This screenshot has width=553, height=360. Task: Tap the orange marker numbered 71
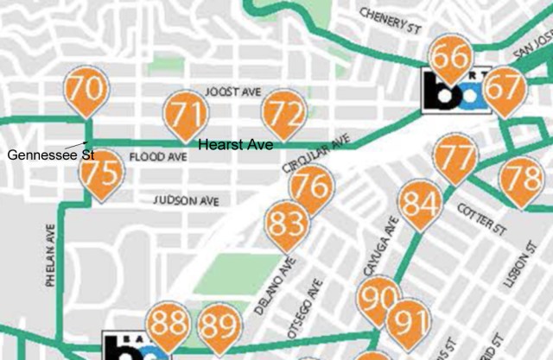click(x=187, y=113)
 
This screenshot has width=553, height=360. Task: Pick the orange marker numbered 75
click(x=99, y=174)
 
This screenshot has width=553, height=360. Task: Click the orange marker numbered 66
click(x=451, y=60)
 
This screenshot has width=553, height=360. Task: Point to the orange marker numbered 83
click(x=286, y=224)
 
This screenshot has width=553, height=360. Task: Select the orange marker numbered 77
click(x=456, y=159)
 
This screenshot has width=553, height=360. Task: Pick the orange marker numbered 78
click(x=522, y=180)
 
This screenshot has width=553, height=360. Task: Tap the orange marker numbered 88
click(x=168, y=325)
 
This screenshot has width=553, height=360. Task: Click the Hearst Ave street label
click(x=236, y=145)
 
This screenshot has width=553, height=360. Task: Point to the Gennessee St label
click(x=39, y=155)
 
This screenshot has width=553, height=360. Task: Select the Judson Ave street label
click(x=185, y=199)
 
